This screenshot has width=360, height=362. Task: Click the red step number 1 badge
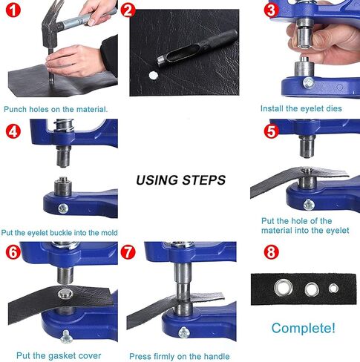(13, 10)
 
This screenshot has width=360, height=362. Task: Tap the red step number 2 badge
(128, 10)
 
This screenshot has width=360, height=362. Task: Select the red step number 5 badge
(272, 131)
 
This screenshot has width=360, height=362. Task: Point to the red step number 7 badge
(128, 252)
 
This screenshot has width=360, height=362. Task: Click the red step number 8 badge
(272, 252)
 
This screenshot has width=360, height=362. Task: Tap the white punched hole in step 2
(154, 76)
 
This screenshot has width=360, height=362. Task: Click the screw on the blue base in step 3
(309, 83)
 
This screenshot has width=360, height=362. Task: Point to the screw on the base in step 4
(63, 208)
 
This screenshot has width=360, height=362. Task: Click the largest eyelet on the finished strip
(284, 288)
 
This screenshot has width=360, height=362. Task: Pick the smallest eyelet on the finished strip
(333, 289)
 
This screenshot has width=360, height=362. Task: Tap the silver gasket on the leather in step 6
(65, 294)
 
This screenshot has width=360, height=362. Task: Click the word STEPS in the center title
(204, 180)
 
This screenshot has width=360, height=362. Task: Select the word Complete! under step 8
(304, 328)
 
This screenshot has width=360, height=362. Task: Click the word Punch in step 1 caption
(16, 109)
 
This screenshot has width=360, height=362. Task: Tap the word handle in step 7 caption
(217, 356)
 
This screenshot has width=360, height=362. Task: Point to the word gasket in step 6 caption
(62, 356)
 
